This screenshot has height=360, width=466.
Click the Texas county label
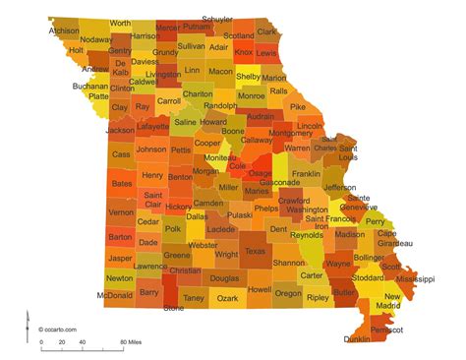click(x=256, y=251)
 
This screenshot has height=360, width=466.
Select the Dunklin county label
click(x=358, y=339)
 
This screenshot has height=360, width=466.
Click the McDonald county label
click(x=117, y=294)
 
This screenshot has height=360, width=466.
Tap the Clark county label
click(x=267, y=31)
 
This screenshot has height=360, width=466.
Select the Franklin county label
click(x=306, y=174)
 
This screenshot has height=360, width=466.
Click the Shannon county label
click(x=289, y=263)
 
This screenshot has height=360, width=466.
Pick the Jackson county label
click(x=120, y=130)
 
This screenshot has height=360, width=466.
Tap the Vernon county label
click(x=121, y=211)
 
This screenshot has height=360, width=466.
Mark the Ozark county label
click(x=228, y=297)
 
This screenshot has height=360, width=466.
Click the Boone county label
click(x=233, y=131)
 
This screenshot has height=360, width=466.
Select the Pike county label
click(x=298, y=106)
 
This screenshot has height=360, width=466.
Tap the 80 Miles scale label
click(x=133, y=343)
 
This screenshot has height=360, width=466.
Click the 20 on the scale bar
click(x=62, y=343)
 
